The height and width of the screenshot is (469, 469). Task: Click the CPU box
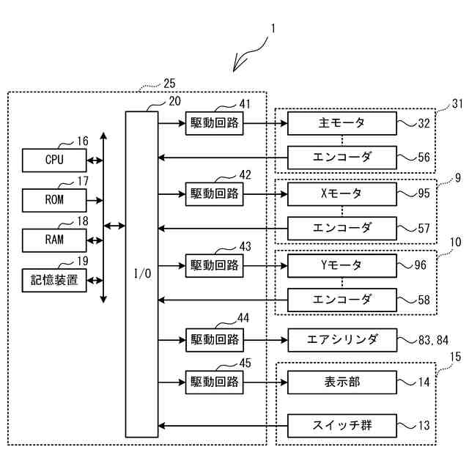pos(54,159)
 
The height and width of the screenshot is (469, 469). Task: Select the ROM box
pos(54,199)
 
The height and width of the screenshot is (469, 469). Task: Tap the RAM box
pos(54,239)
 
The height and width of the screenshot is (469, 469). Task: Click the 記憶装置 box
pos(54,279)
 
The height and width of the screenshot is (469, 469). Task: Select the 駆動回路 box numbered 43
pos(215,265)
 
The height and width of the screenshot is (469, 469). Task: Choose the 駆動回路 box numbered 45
pos(215,382)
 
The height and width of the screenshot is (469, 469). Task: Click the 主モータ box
pos(341,122)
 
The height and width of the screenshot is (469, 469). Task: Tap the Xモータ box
pos(341,194)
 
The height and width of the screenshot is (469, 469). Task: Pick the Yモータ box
pos(341,265)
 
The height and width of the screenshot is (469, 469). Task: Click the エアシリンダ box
pos(341,340)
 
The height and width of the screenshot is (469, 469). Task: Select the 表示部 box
pos(341,382)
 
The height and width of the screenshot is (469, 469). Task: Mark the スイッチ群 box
pos(341,425)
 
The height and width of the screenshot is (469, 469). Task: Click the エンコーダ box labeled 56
pos(341,157)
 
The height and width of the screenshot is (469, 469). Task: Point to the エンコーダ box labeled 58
pos(341,299)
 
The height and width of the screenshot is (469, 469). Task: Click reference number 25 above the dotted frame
pos(169,84)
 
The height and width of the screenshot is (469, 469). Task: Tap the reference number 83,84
pos(434,339)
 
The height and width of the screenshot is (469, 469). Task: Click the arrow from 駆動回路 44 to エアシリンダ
pos(265,340)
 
